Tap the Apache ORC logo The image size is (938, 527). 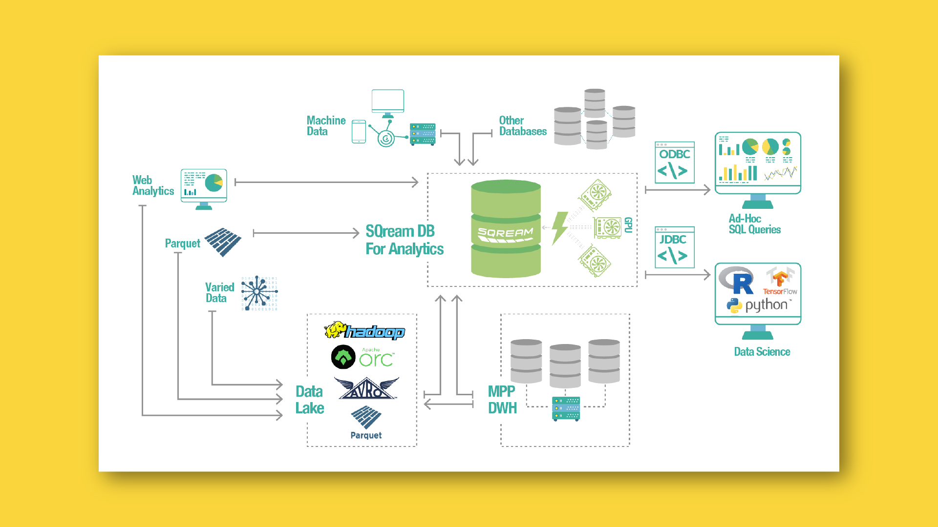pos(362,358)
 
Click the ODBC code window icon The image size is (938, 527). pos(675,162)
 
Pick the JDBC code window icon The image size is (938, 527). pos(674,247)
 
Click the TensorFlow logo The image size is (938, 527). pos(780,282)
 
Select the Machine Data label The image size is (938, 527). pos(326,126)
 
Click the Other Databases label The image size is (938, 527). pos(522,126)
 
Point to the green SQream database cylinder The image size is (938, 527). pos(506,229)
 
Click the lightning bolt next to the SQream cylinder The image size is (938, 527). pos(560,228)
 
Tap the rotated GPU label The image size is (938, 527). pos(628,225)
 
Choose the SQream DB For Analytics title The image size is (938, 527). pos(404,240)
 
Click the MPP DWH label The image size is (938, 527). pos(502,400)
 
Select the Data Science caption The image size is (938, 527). pos(762,352)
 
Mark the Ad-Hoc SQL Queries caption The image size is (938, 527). pos(754,224)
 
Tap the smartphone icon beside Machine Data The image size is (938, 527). pos(359,132)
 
